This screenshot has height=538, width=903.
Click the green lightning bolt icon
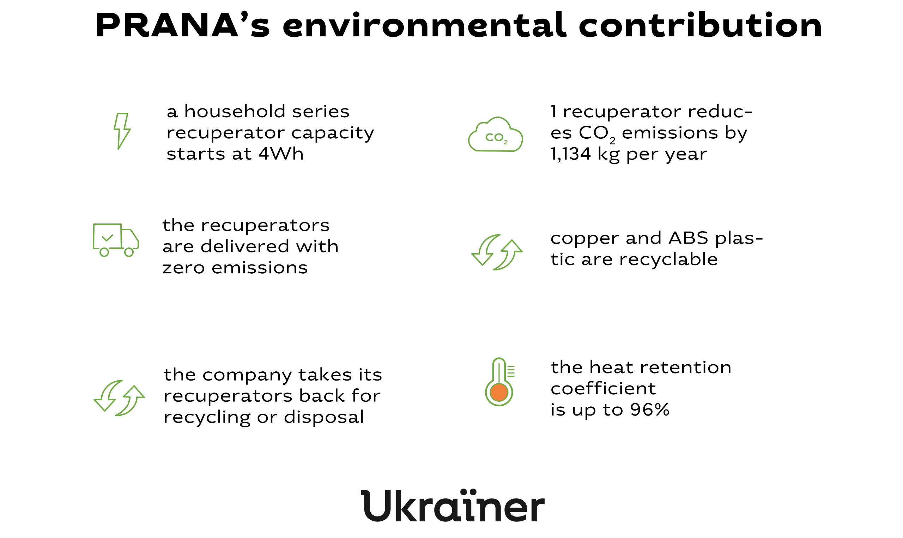click(122, 131)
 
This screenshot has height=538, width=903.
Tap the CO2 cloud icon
click(495, 134)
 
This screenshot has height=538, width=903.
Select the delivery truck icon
click(116, 240)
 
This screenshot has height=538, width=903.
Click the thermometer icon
click(499, 382)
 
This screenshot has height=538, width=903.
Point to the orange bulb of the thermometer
click(499, 393)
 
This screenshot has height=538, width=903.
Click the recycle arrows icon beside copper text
click(497, 252)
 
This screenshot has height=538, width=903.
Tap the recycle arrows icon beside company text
click(119, 398)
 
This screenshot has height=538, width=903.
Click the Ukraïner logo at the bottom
click(453, 506)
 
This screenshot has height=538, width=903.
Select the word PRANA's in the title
click(183, 25)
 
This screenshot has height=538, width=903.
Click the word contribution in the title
click(700, 25)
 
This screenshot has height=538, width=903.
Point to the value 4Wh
click(281, 154)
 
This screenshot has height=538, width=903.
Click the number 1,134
click(570, 154)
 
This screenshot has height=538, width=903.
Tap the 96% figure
click(649, 410)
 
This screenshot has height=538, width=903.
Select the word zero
click(184, 268)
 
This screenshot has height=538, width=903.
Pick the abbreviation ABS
click(688, 238)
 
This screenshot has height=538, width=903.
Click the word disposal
click(324, 417)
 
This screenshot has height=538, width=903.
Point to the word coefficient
click(603, 388)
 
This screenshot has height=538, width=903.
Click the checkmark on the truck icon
click(108, 238)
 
